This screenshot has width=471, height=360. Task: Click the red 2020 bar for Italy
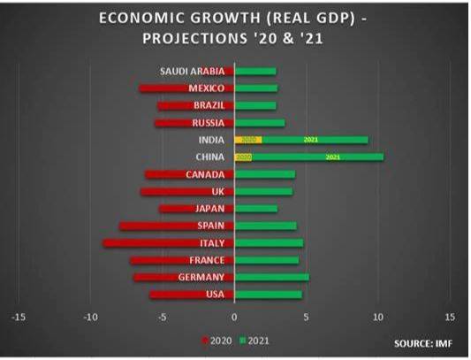click(168, 243)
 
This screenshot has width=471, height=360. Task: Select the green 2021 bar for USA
click(269, 295)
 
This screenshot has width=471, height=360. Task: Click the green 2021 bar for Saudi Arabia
click(255, 71)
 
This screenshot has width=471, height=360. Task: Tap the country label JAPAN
click(209, 209)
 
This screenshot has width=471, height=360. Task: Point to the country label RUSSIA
click(208, 123)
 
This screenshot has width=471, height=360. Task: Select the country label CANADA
click(205, 174)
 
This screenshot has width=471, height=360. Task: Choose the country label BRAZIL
click(209, 105)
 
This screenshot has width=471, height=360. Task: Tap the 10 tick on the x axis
click(378, 316)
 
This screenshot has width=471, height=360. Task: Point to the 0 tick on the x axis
click(234, 316)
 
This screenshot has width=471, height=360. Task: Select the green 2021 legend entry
click(254, 341)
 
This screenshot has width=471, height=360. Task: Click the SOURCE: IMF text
click(418, 341)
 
